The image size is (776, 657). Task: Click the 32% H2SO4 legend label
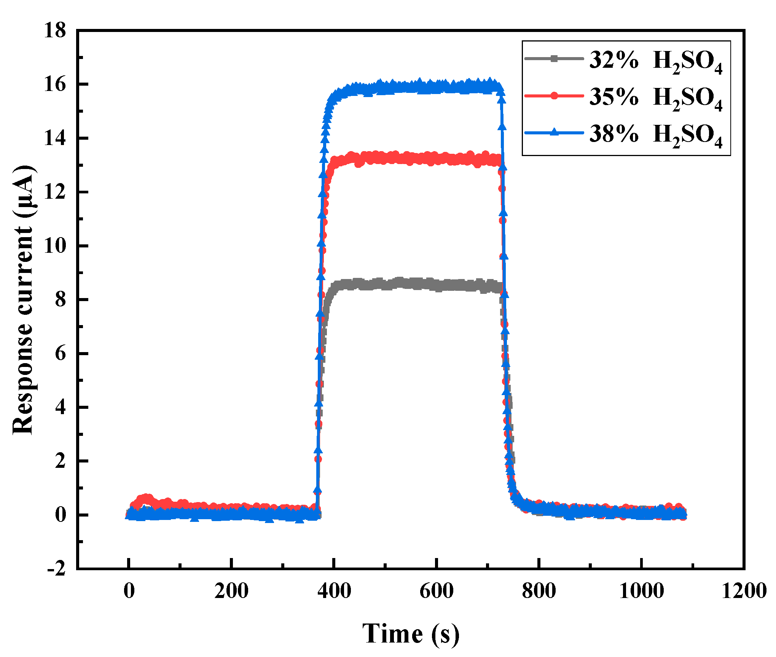655,61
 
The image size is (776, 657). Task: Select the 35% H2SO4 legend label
655,97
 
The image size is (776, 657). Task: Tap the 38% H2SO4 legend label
655,134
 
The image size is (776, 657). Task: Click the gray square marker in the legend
554,59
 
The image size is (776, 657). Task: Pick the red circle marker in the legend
554,96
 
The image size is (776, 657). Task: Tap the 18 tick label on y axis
55,30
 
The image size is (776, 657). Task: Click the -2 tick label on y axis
56,569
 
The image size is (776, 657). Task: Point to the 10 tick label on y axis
55,246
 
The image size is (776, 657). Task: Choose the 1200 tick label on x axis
744,591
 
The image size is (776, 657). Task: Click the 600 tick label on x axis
436,591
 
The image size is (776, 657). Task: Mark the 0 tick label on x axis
129,591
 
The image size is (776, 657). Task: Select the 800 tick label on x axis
539,591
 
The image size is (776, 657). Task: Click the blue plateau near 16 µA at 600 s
436,87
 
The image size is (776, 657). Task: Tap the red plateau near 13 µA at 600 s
436,159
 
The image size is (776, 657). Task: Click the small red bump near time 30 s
145,498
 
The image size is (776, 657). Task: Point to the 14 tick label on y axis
55,138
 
